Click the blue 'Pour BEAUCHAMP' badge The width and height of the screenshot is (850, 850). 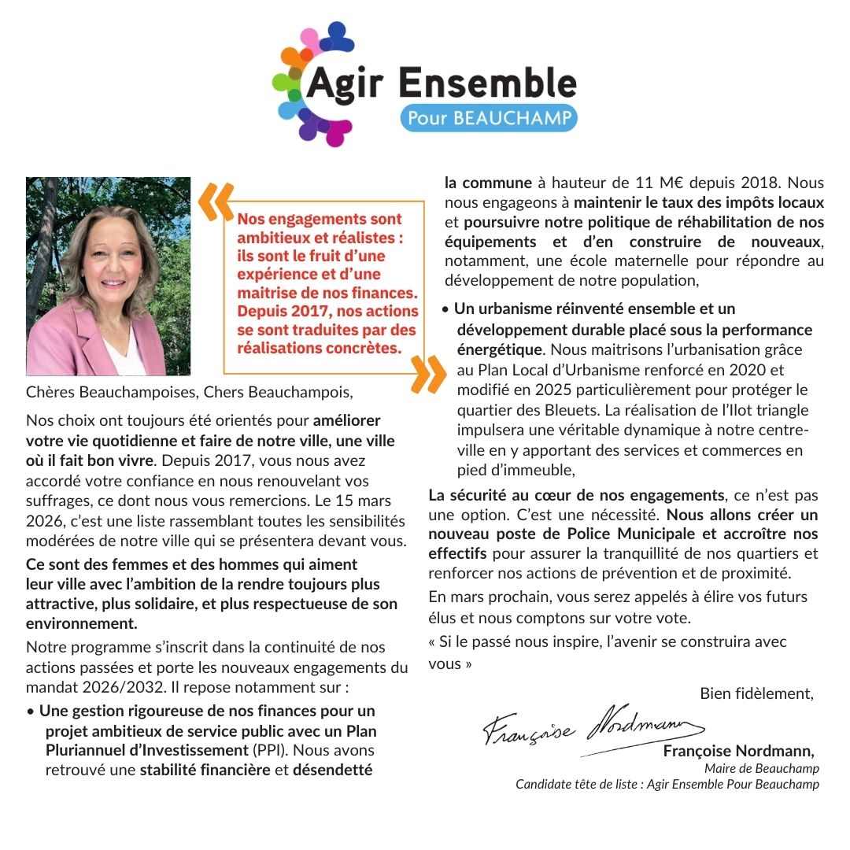(x=489, y=119)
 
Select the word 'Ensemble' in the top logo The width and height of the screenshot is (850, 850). (x=487, y=83)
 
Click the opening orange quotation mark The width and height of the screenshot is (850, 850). (x=215, y=202)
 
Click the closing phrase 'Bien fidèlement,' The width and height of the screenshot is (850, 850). (x=756, y=693)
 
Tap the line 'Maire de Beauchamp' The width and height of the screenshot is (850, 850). (x=761, y=768)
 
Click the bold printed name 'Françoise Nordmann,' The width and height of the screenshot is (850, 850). (x=738, y=751)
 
